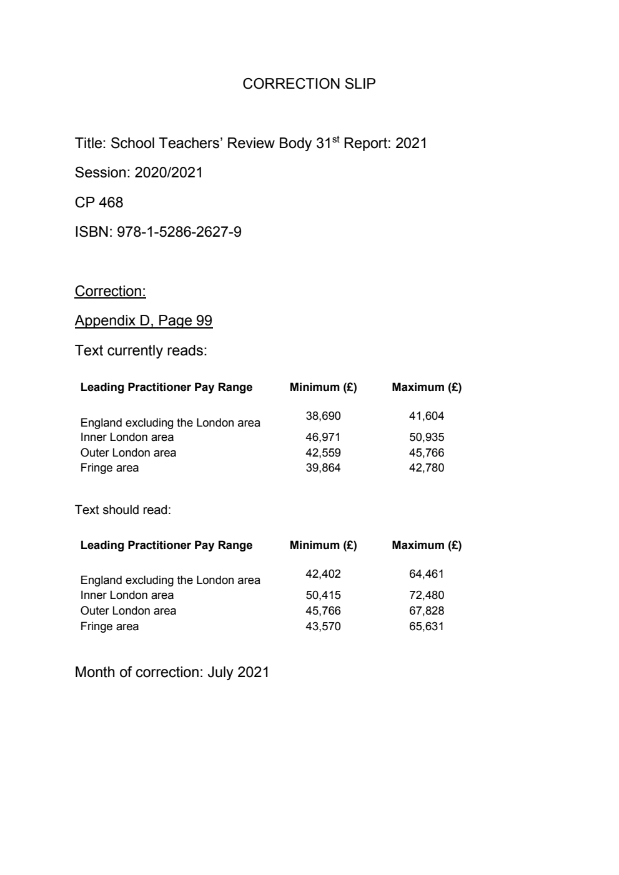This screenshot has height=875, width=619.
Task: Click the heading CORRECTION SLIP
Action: click(309, 84)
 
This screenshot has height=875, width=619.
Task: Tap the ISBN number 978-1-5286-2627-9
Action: click(179, 232)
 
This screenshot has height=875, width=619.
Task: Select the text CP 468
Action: click(99, 202)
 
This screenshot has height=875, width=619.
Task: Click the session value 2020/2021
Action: click(169, 172)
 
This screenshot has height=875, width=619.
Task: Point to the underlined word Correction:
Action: click(110, 291)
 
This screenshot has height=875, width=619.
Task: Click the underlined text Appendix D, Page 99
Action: click(143, 320)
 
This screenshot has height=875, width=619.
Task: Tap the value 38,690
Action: click(323, 416)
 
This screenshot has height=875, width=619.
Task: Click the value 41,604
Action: click(426, 416)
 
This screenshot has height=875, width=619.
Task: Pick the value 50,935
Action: click(426, 437)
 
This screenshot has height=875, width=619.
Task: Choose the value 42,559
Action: click(323, 453)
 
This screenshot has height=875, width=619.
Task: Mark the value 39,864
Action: click(323, 468)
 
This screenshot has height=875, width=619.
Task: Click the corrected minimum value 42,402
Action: click(323, 574)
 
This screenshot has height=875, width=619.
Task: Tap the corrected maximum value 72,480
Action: click(426, 595)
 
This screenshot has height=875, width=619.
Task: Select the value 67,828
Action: click(426, 611)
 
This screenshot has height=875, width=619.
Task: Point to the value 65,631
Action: click(426, 626)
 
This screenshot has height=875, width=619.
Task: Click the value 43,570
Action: click(323, 626)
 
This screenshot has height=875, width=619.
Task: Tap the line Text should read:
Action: click(122, 510)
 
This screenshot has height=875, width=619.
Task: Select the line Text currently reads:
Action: click(141, 350)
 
